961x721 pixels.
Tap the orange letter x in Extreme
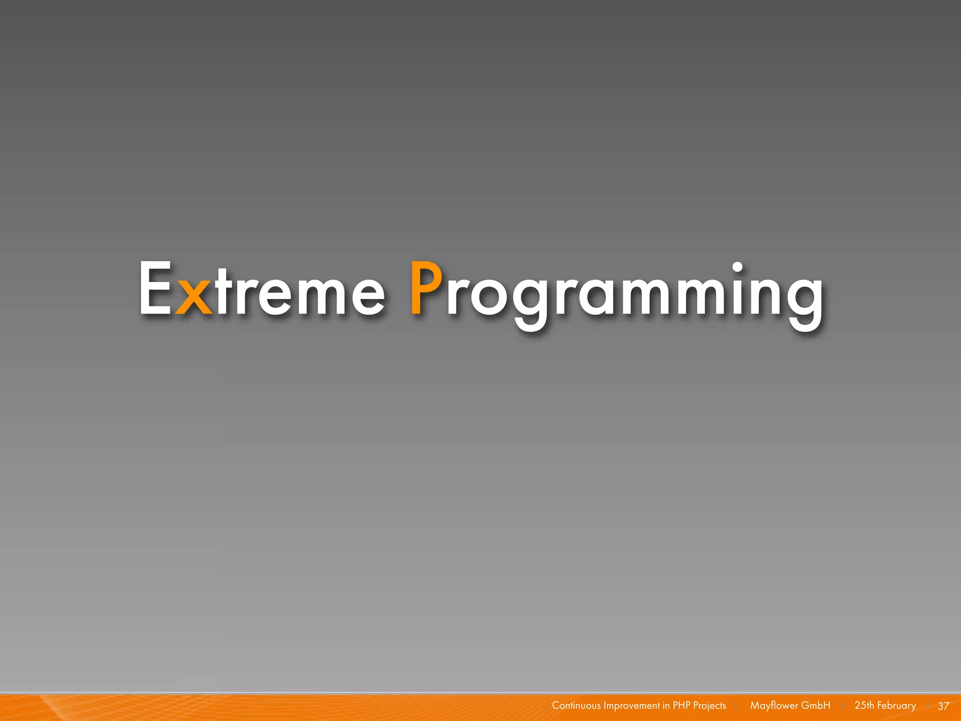click(x=193, y=297)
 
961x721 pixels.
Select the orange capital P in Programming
click(x=426, y=288)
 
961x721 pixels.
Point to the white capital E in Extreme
click(x=155, y=288)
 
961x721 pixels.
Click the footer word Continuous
click(x=576, y=706)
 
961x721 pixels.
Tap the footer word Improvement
click(x=632, y=706)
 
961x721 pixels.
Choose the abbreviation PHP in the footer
click(x=681, y=706)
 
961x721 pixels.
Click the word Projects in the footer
click(x=709, y=706)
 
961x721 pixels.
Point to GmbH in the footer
click(x=816, y=706)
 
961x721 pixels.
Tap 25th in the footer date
click(x=864, y=706)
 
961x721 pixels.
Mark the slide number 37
click(x=943, y=706)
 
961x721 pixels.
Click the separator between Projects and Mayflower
click(x=736, y=706)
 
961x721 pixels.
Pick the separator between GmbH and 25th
click(x=843, y=706)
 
